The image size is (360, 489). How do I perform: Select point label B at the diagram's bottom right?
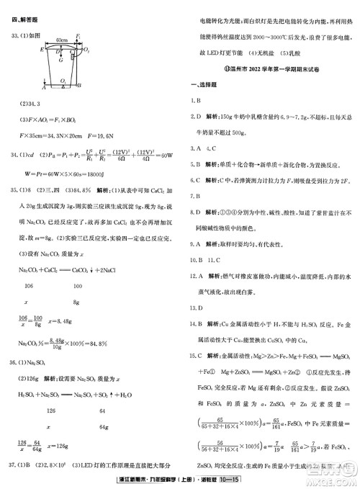[x=79, y=86]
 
